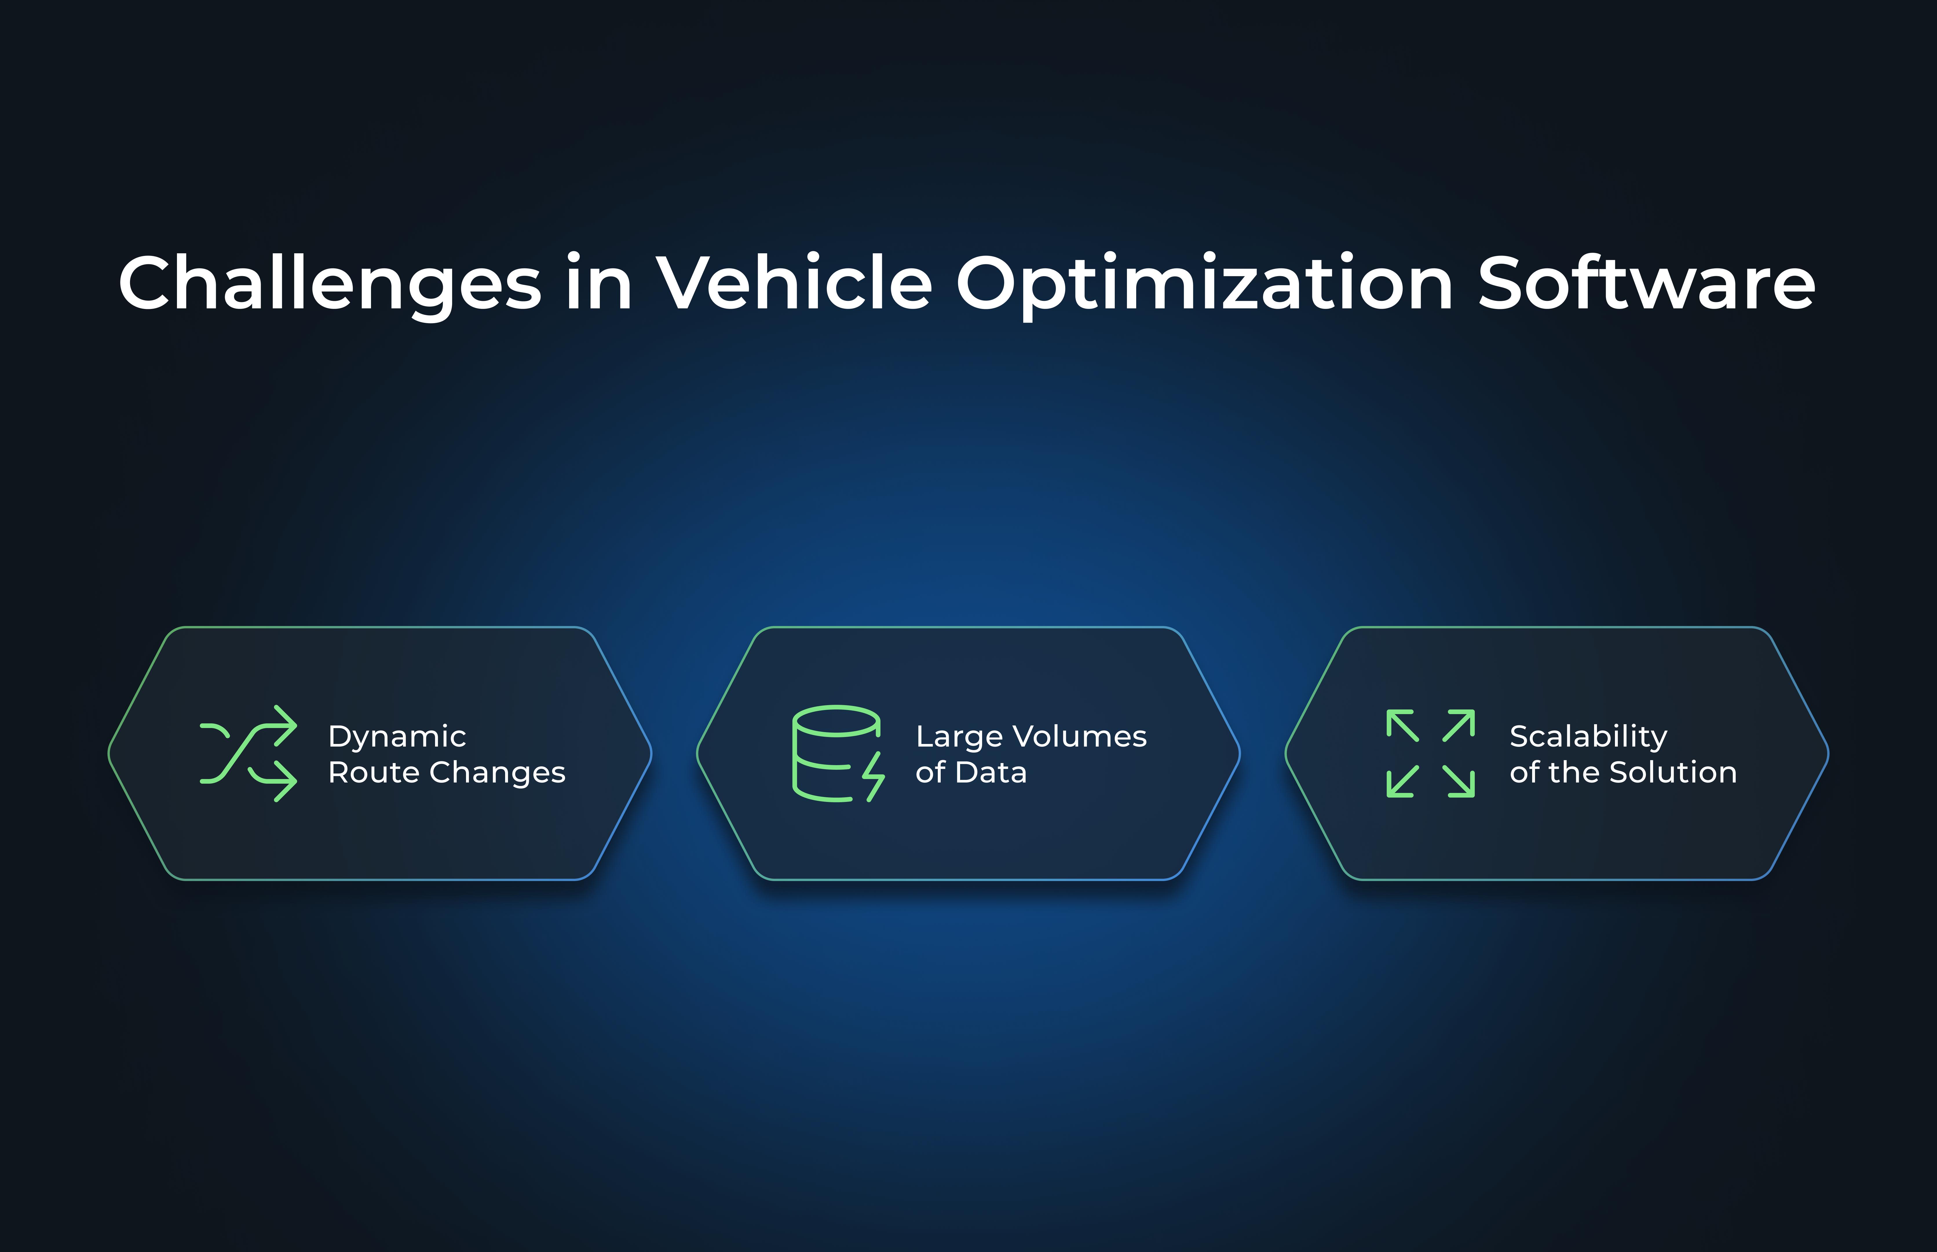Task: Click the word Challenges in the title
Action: pos(330,285)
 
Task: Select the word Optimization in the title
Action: pos(1204,285)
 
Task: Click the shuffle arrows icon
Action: pos(248,754)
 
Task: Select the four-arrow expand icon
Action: pos(1431,754)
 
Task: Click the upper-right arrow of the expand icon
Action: pos(1459,725)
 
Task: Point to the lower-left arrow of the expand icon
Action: pos(1402,781)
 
